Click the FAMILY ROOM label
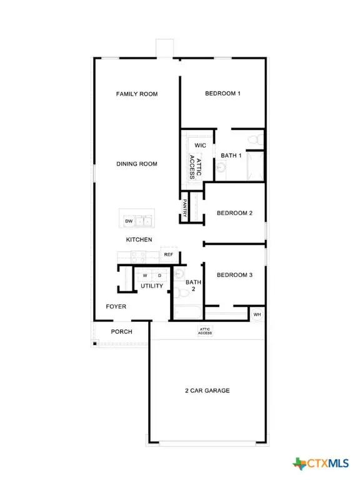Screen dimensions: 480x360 (x=137, y=94)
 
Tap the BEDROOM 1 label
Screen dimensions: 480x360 (x=222, y=94)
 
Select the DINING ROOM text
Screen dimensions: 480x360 (x=137, y=164)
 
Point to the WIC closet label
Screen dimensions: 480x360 (x=200, y=145)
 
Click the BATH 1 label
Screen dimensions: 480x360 (x=232, y=155)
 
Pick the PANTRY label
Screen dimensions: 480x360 (x=186, y=206)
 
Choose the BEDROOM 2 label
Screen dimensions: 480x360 (x=234, y=213)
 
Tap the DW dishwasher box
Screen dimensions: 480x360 (x=129, y=221)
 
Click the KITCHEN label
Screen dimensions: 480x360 (x=139, y=240)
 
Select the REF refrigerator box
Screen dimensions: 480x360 (x=168, y=254)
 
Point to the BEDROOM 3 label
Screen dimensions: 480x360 (x=234, y=275)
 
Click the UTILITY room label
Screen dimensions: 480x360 (x=152, y=286)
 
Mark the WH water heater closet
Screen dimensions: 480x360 (x=257, y=314)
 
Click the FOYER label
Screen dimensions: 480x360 (x=116, y=307)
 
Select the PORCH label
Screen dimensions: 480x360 (x=122, y=331)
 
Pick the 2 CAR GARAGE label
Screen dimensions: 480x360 (x=207, y=391)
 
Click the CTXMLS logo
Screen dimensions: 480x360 (x=320, y=463)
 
